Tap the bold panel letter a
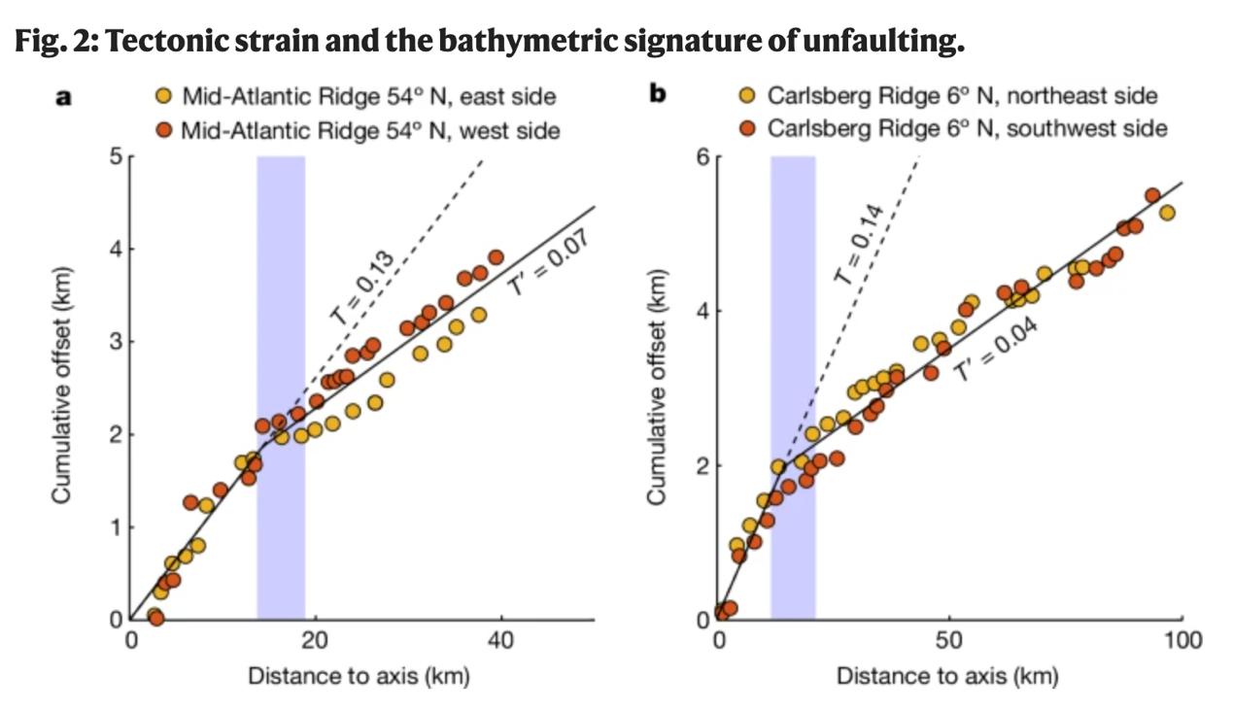[64, 97]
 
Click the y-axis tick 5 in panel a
[115, 156]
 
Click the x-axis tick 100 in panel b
[1182, 641]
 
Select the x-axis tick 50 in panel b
[949, 641]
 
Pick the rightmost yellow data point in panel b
[1167, 213]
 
